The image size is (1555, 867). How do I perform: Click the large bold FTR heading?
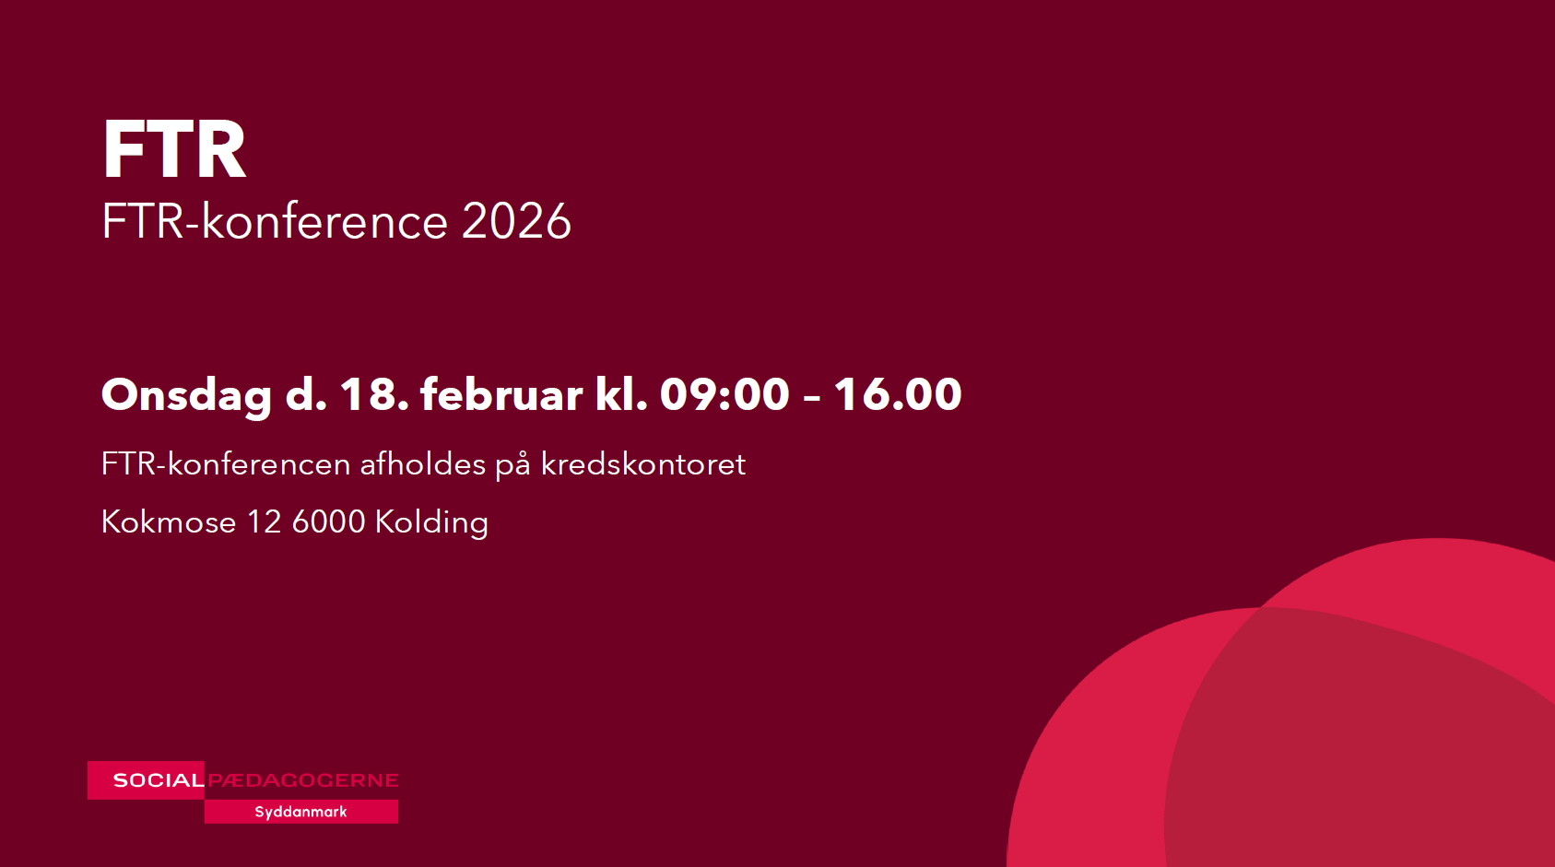(x=173, y=148)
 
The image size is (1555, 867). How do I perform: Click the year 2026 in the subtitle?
(x=516, y=221)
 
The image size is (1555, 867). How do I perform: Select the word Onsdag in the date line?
(x=187, y=395)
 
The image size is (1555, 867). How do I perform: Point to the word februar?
(x=501, y=394)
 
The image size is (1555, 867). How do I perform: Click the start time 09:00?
(x=724, y=394)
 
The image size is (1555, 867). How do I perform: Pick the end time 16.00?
(x=898, y=394)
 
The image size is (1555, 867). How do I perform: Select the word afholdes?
(x=422, y=463)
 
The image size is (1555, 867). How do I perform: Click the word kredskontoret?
(x=642, y=463)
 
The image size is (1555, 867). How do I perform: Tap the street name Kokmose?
(x=169, y=522)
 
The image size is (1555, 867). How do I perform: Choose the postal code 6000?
(x=328, y=522)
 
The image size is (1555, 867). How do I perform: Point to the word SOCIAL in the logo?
(x=159, y=780)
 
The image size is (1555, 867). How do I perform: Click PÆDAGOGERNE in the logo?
(x=303, y=780)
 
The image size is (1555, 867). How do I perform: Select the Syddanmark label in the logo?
(x=300, y=812)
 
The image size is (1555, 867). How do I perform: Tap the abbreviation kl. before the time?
(x=621, y=394)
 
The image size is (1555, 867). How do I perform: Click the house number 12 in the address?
(x=264, y=522)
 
